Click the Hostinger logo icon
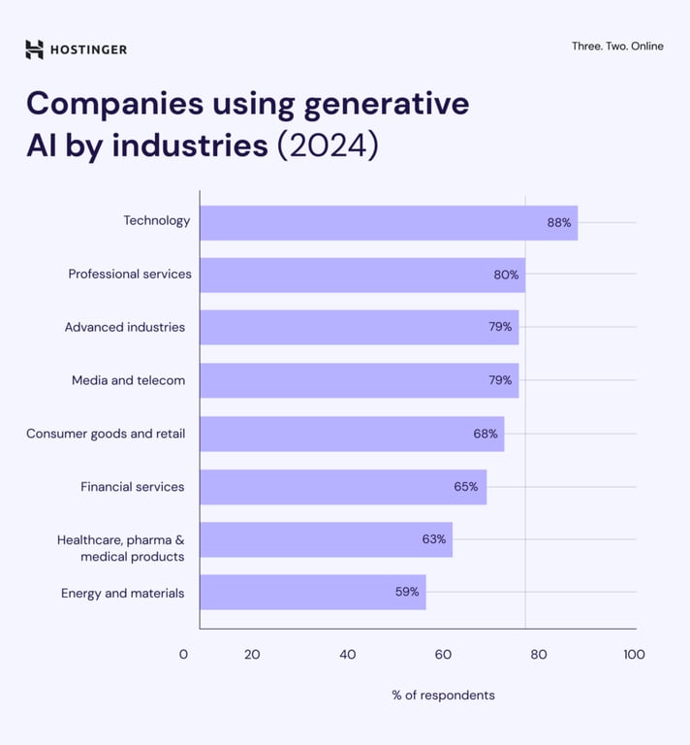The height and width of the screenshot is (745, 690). (35, 49)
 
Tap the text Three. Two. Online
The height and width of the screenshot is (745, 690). (617, 46)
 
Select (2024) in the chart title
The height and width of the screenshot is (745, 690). (328, 145)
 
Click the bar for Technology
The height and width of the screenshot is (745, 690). (388, 222)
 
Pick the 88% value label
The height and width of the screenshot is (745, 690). (559, 222)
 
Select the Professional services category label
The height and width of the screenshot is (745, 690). (130, 274)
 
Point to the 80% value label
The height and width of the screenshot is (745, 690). (506, 275)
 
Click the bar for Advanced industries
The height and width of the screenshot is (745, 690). (359, 327)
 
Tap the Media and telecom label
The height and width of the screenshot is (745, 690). (128, 380)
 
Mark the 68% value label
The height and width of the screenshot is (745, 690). (486, 434)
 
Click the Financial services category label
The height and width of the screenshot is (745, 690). (132, 487)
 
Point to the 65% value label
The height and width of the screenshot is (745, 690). (466, 487)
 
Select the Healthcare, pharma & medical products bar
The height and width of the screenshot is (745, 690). (326, 539)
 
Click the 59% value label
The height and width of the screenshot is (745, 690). (407, 592)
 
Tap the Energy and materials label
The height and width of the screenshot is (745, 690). (122, 593)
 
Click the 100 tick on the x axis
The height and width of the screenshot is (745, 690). (634, 655)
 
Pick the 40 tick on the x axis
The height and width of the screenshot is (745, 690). (347, 655)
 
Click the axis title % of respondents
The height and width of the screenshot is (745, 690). (443, 695)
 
